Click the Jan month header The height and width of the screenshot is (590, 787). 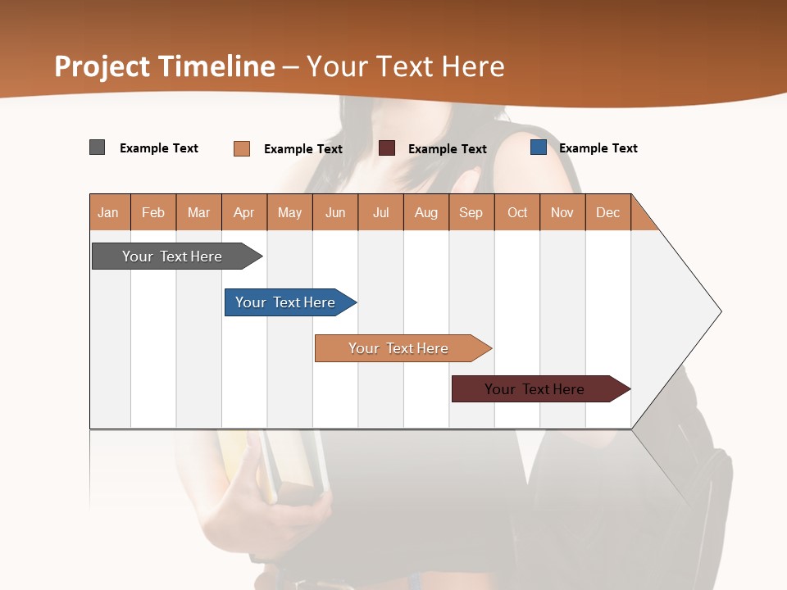point(109,212)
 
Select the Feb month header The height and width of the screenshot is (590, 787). point(153,212)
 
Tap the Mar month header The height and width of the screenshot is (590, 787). point(198,212)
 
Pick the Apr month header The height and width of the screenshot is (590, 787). point(244,212)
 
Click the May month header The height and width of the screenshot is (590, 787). point(289,212)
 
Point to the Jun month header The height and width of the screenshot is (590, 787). point(335,212)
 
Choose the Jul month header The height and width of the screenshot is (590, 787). point(380,212)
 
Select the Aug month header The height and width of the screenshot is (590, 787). point(426,212)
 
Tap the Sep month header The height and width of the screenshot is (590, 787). point(471,212)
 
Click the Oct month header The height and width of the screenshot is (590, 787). point(517,212)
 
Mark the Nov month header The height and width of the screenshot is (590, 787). point(562,212)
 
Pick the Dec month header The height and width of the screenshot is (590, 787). point(608,212)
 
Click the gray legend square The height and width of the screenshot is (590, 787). point(98,147)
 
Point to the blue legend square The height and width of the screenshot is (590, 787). point(539,147)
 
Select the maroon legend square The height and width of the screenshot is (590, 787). point(387,147)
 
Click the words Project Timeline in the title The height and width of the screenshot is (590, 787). point(165,66)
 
